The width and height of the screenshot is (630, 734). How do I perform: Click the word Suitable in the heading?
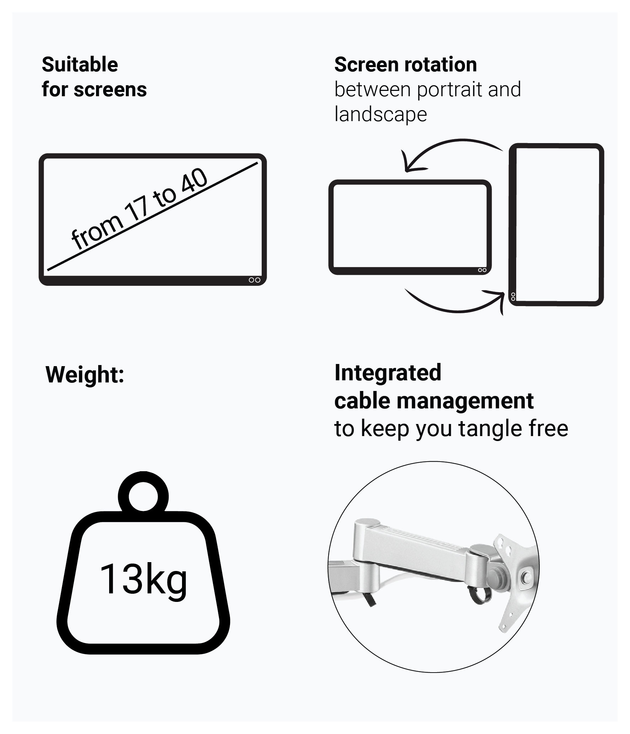[x=80, y=65]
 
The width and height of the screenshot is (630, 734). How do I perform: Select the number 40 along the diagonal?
[x=194, y=183]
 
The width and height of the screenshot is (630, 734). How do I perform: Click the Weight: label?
[x=85, y=375]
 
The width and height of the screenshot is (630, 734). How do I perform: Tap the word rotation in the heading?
[x=440, y=65]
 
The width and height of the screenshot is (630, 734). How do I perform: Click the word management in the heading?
[x=465, y=402]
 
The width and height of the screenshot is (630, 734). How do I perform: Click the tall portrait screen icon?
[x=556, y=225]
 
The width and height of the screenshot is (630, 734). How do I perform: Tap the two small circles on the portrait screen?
[x=513, y=297]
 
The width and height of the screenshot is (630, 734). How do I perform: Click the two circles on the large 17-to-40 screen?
[x=255, y=280]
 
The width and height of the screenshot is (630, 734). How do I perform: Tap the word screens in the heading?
[x=110, y=89]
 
